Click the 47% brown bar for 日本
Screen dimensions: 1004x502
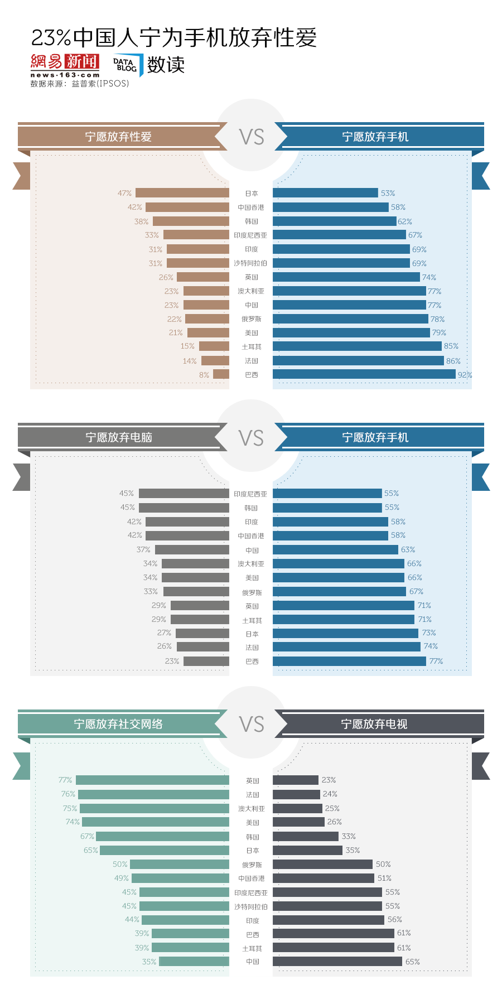pyautogui.click(x=182, y=193)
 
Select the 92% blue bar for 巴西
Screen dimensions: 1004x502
pyautogui.click(x=364, y=374)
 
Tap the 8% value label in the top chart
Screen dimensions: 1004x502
pyautogui.click(x=204, y=375)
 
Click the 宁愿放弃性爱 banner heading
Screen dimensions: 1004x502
pyautogui.click(x=118, y=137)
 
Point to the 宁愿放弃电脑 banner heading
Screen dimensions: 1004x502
pyautogui.click(x=118, y=437)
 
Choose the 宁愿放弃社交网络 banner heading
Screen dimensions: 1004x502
pyautogui.click(x=118, y=724)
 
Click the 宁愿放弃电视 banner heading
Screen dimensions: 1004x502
pyautogui.click(x=374, y=724)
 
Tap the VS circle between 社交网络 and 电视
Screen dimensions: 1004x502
pyautogui.click(x=251, y=724)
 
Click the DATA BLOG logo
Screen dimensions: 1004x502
pyautogui.click(x=126, y=65)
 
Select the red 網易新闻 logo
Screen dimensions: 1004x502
pyautogui.click(x=65, y=62)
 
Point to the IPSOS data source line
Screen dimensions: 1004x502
pyautogui.click(x=80, y=84)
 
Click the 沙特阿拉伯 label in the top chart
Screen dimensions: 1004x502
pyautogui.click(x=250, y=263)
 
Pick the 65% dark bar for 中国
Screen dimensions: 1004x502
pyautogui.click(x=337, y=962)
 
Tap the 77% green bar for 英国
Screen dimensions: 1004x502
pyautogui.click(x=152, y=780)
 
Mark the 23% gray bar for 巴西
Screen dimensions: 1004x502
pyautogui.click(x=206, y=661)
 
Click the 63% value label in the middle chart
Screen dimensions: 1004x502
pyautogui.click(x=408, y=549)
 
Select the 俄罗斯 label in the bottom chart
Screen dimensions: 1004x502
pyautogui.click(x=252, y=865)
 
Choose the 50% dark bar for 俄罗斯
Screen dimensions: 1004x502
pyautogui.click(x=322, y=864)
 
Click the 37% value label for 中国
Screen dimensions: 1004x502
pyautogui.click(x=143, y=549)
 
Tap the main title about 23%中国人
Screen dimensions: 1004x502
pyautogui.click(x=174, y=37)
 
